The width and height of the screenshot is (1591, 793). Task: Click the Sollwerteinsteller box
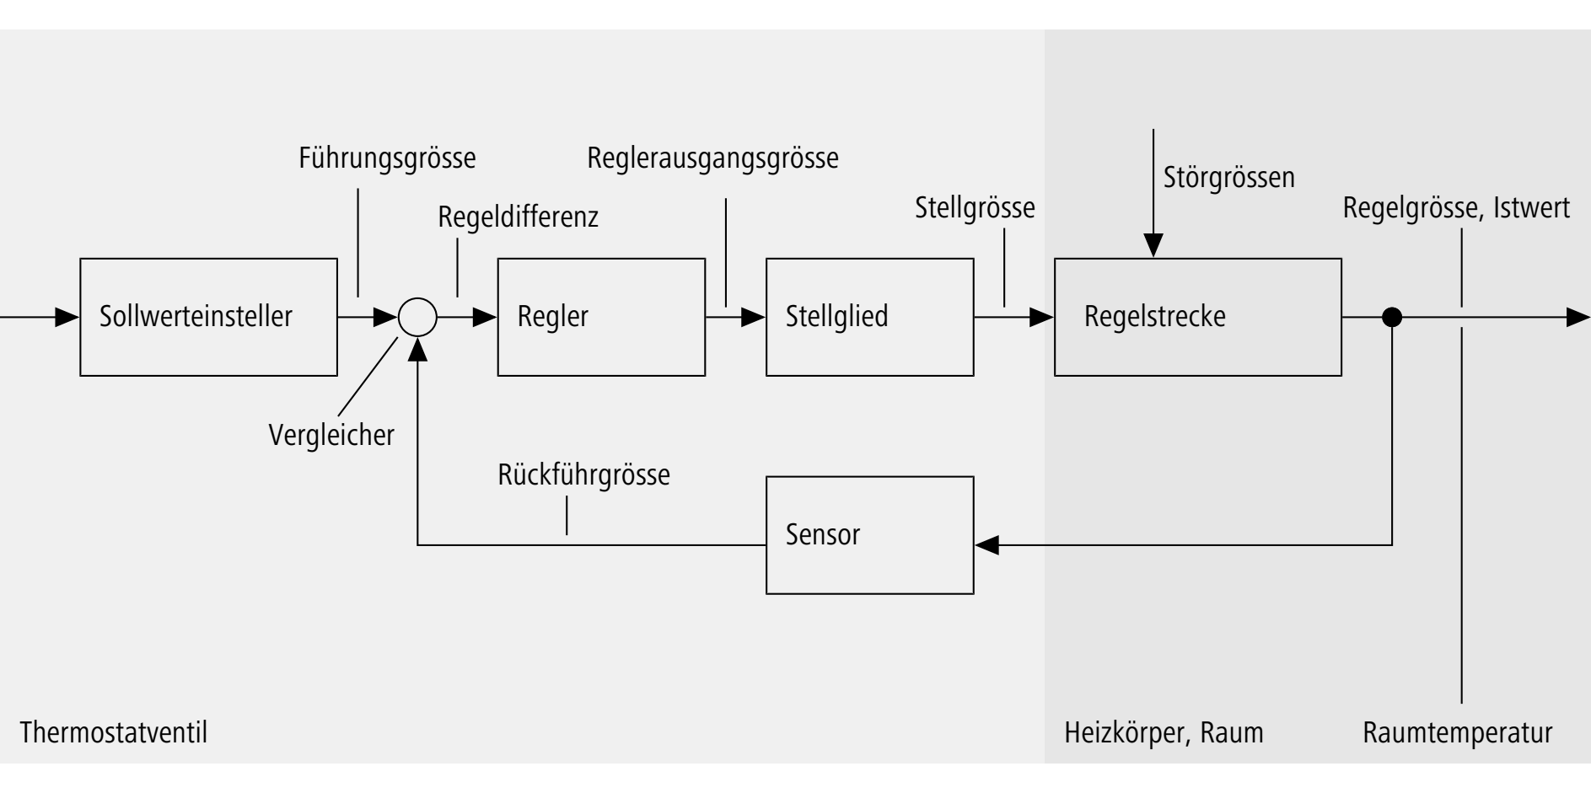[208, 317]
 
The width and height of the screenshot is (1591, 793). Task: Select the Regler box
[601, 317]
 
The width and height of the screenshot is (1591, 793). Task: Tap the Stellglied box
[869, 317]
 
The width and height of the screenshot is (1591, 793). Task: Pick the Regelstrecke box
[1197, 317]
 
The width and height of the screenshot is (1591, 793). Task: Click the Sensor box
[869, 535]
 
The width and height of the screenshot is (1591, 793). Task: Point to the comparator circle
[417, 318]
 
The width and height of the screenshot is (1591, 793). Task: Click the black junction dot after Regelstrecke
[1392, 318]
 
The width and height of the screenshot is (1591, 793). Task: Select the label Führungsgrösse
[387, 158]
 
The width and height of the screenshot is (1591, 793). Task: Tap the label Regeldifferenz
[518, 217]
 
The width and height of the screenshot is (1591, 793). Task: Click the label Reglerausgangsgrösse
[712, 158]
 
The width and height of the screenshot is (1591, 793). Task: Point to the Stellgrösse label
[975, 207]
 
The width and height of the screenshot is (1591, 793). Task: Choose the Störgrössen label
[1228, 178]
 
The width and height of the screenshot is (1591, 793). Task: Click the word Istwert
[1531, 207]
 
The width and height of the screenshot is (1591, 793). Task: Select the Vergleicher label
[331, 435]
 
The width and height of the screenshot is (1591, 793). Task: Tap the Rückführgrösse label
[583, 474]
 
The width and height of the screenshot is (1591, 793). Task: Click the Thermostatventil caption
[113, 732]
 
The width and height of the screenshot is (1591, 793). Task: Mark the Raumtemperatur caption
[1457, 732]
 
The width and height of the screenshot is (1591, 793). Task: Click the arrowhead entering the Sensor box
[986, 544]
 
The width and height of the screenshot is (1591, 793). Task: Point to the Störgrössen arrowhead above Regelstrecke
[1153, 245]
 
